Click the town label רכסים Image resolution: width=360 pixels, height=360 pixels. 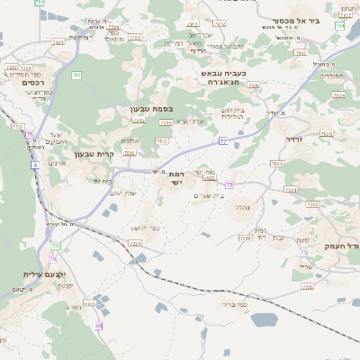(x=40, y=82)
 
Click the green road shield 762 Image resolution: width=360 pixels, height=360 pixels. (x=76, y=75)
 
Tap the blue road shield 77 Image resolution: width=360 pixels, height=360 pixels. (x=222, y=141)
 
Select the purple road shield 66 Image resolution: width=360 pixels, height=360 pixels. (x=98, y=325)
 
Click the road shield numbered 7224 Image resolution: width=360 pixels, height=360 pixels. (x=135, y=243)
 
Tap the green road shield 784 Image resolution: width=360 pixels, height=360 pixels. (x=339, y=25)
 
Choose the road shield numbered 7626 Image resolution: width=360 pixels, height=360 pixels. (x=276, y=163)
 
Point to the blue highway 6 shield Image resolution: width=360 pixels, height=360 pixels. (x=34, y=165)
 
